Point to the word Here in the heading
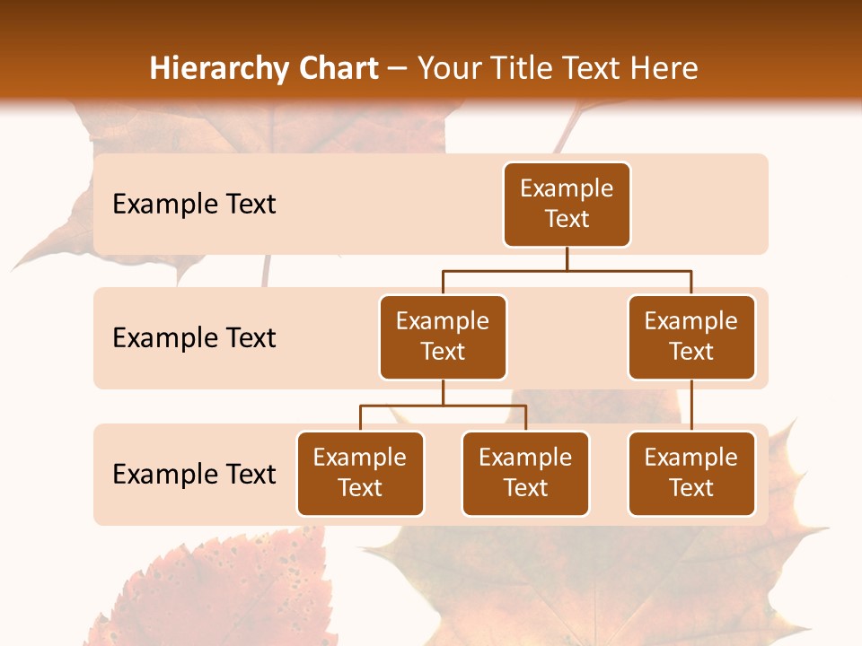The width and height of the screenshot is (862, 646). pos(664,69)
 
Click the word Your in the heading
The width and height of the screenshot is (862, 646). pos(450,69)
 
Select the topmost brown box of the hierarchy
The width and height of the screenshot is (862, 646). pos(567,205)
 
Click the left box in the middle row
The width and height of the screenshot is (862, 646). pos(443,337)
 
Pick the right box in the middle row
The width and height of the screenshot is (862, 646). pos(691,337)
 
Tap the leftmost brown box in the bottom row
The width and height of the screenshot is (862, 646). pos(360,474)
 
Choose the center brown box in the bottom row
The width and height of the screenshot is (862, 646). pos(525,474)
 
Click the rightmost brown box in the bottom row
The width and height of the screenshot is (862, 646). pos(691,474)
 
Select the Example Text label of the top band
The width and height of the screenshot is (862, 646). pos(194,205)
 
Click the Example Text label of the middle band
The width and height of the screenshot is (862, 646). pos(194,338)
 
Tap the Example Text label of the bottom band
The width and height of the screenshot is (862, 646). pos(194,475)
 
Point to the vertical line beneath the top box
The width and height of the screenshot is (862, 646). pos(567,258)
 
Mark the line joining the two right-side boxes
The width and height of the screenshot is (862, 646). pos(691,406)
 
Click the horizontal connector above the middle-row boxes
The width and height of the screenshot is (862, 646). pos(567,270)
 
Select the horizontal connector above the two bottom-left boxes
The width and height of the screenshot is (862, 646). pos(443,406)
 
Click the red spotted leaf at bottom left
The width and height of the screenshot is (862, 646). pos(224,592)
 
